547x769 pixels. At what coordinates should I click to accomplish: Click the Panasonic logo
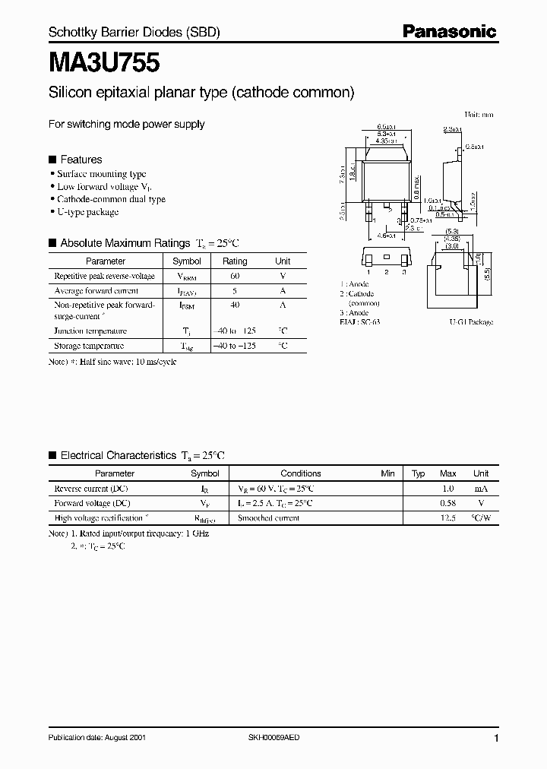(449, 32)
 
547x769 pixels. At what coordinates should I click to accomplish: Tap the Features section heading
(81, 160)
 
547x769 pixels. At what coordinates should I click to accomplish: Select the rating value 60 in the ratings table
(235, 277)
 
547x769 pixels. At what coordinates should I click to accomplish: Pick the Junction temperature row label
(90, 331)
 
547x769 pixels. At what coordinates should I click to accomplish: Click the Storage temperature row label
(89, 346)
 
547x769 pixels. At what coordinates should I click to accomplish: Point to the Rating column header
(235, 261)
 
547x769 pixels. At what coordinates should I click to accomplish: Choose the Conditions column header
(301, 473)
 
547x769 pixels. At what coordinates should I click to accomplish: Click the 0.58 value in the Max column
(448, 503)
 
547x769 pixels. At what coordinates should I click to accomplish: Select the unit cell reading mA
(481, 489)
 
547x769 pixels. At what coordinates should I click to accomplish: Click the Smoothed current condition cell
(269, 517)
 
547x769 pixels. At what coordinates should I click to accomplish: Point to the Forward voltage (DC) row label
(93, 503)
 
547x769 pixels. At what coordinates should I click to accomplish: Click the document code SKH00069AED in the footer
(280, 738)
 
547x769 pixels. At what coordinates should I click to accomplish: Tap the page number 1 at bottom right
(495, 738)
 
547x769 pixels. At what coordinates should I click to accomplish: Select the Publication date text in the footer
(96, 738)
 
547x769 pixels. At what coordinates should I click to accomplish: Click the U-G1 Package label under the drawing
(471, 322)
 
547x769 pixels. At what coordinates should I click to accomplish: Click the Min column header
(388, 473)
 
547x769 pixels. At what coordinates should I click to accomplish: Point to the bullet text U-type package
(88, 213)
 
